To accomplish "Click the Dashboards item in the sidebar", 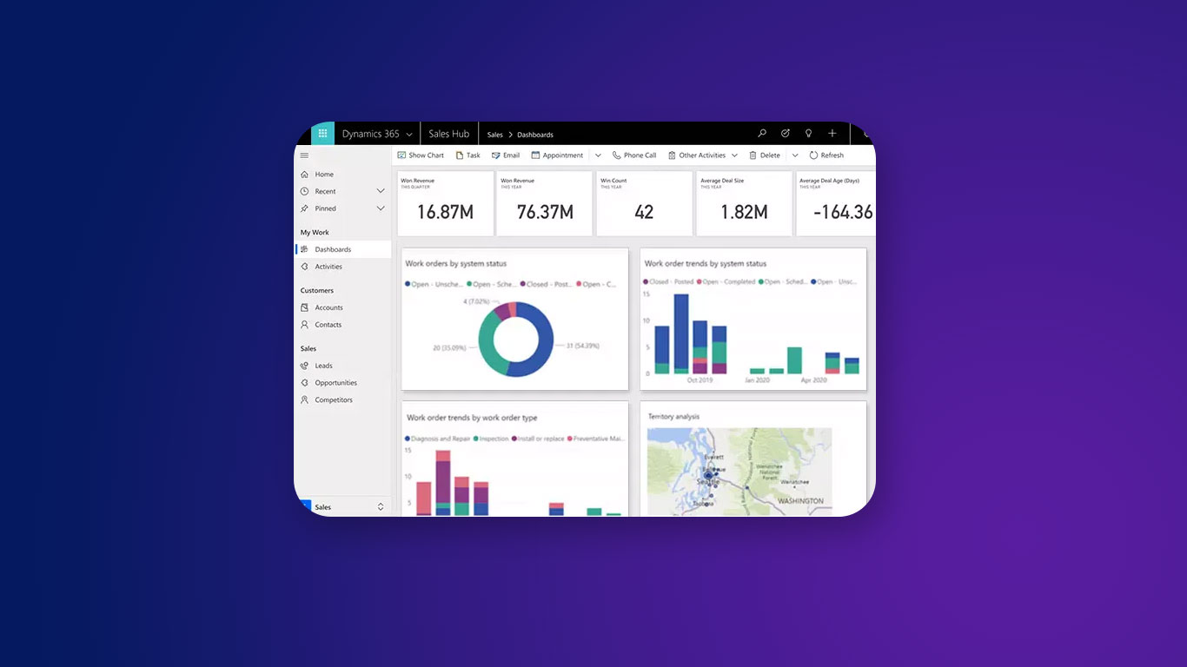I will (x=333, y=249).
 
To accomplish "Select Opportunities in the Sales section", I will (x=335, y=383).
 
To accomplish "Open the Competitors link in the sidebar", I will (x=334, y=400).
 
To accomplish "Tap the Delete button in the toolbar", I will (x=765, y=155).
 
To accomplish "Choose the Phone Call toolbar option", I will (x=634, y=155).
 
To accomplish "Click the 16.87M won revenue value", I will (x=445, y=212).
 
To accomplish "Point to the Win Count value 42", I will (x=644, y=212).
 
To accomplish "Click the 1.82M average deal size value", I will (x=744, y=212).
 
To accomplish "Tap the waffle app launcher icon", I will (x=322, y=134).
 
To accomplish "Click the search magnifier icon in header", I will (x=762, y=134).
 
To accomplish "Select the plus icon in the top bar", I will (x=832, y=134).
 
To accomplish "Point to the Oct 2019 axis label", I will (x=700, y=380).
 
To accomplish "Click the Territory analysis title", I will (x=673, y=417).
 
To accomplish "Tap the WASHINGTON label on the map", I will (x=800, y=501).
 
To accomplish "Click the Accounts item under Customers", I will (x=328, y=307).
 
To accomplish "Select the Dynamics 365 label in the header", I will (x=370, y=134).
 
